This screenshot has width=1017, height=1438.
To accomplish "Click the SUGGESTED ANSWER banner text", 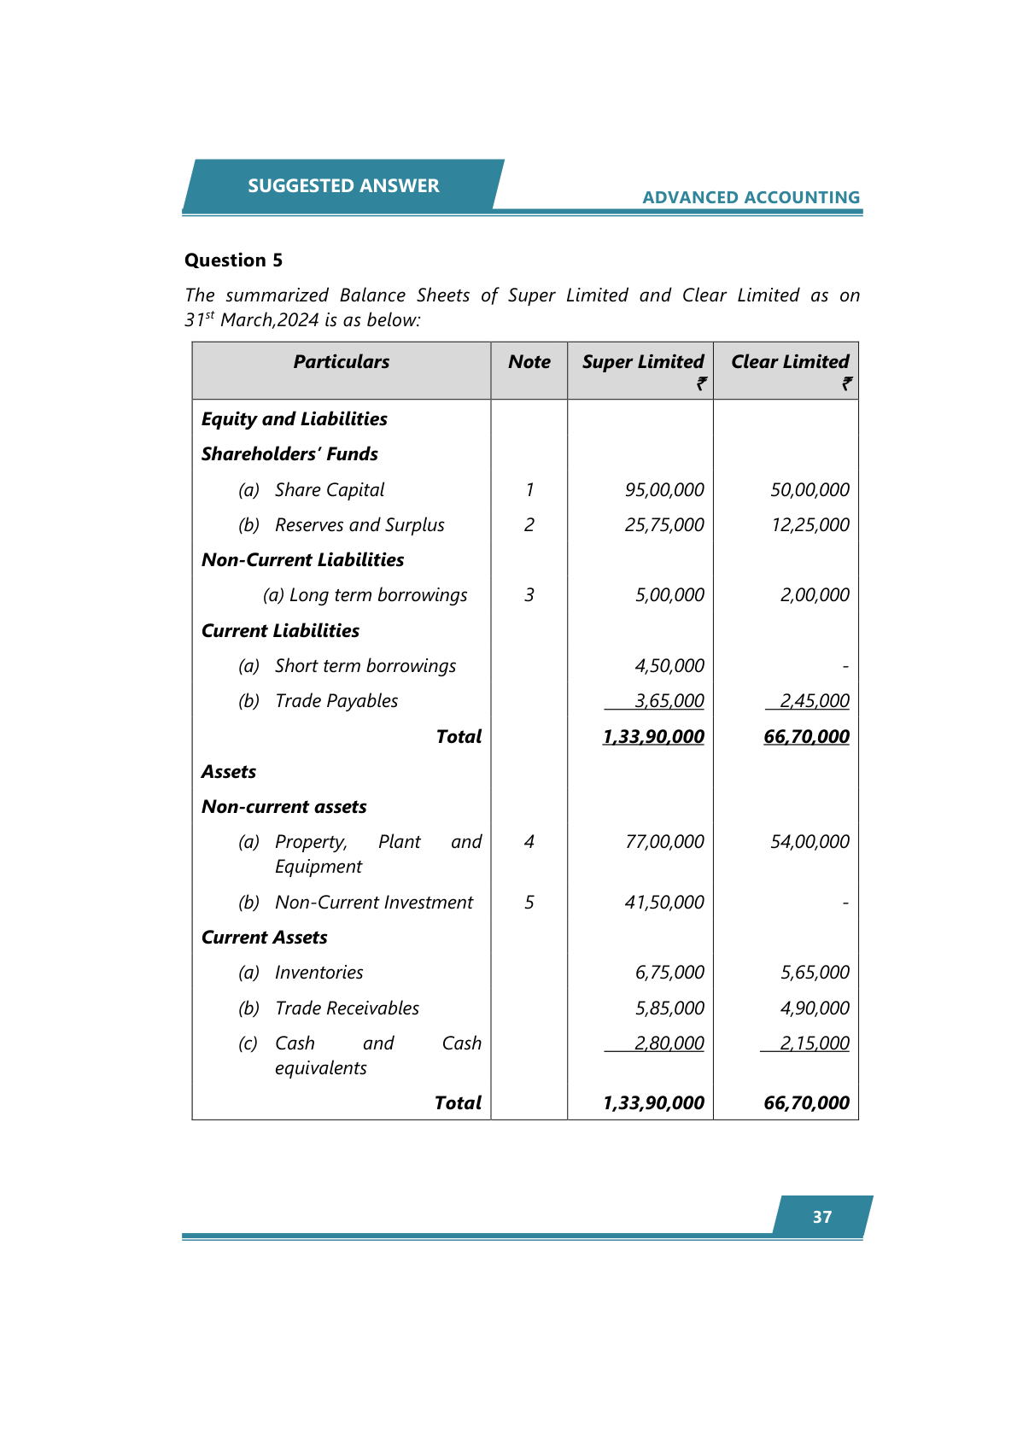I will click(x=343, y=186).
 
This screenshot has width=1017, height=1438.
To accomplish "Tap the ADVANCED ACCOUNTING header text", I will click(x=751, y=197).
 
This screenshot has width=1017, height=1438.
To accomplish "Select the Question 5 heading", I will click(x=233, y=260).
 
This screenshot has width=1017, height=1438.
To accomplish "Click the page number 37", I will click(x=822, y=1217).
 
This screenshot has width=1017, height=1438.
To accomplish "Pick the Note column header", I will click(x=529, y=362).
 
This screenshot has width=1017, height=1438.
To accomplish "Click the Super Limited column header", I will click(x=643, y=362).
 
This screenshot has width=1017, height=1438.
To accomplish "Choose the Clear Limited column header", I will click(x=790, y=362).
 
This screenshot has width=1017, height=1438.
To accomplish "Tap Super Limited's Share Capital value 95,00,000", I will click(x=664, y=490).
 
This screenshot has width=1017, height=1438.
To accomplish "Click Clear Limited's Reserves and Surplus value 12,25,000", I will click(x=810, y=525).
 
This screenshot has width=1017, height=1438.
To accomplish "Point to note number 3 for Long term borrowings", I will click(x=529, y=595).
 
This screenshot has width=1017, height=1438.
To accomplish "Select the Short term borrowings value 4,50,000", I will click(x=669, y=666).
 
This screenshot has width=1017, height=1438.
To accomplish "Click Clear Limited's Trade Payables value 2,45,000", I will click(x=815, y=701).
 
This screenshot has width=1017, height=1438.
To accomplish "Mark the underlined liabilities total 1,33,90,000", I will click(x=653, y=737).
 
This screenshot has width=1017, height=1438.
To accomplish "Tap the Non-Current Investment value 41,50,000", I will click(x=664, y=903).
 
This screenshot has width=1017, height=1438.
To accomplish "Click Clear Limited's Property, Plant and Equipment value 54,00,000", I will click(x=810, y=842).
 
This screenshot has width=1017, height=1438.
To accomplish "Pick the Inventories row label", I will click(x=319, y=973).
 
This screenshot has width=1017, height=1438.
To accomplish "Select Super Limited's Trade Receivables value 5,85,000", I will click(x=669, y=1008).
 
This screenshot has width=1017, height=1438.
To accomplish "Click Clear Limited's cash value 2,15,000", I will click(x=815, y=1043).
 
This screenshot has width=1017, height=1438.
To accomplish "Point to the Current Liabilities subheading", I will click(x=280, y=631).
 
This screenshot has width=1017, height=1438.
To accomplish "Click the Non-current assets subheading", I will click(x=283, y=807).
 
